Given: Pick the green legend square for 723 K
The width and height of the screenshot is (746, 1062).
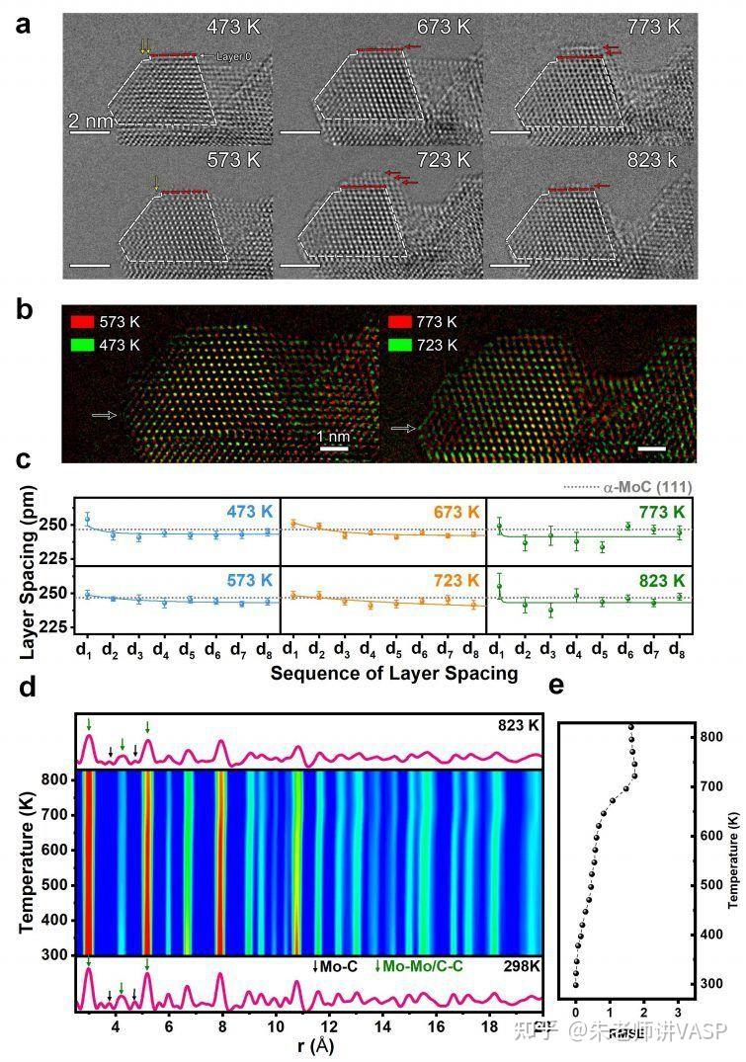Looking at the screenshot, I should tap(400, 345).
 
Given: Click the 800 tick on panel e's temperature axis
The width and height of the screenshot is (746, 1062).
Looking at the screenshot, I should tap(710, 737).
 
